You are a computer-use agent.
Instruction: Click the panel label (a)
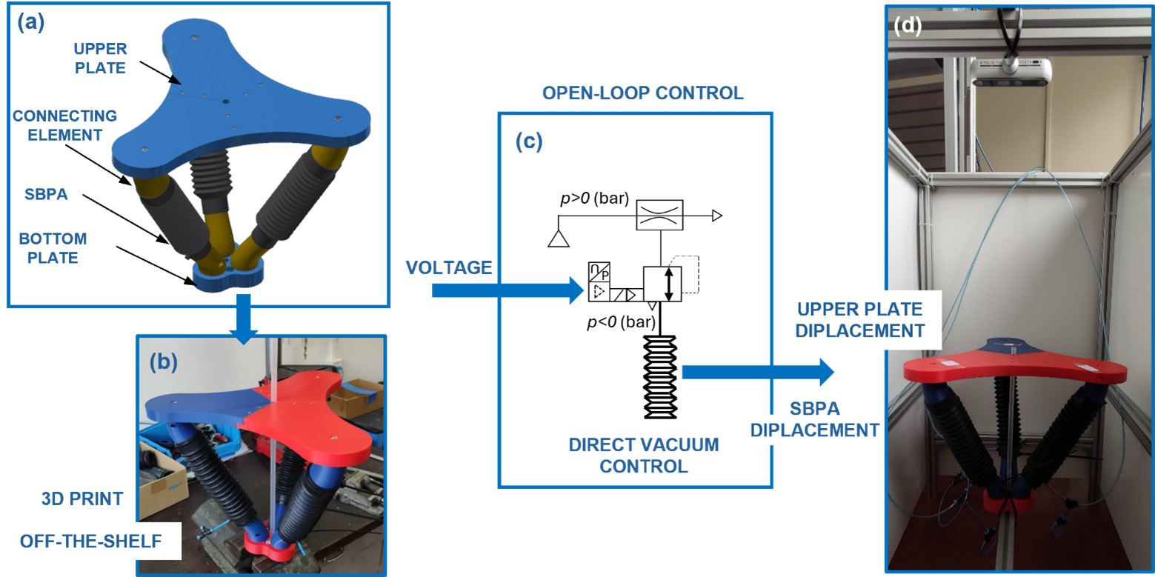coord(31,23)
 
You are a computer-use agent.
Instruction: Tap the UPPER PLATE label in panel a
coord(100,59)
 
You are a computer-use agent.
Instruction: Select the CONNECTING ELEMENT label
coord(65,125)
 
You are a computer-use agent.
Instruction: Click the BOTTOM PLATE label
coord(53,248)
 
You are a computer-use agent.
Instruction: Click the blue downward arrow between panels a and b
coord(244,318)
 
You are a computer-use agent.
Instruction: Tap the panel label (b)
coord(164,362)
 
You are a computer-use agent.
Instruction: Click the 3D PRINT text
coord(82,498)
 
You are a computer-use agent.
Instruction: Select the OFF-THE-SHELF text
coord(90,541)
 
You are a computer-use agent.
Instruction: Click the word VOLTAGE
coord(449,267)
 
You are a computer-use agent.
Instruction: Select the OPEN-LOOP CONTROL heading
coord(643,93)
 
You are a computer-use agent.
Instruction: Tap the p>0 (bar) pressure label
coord(594,198)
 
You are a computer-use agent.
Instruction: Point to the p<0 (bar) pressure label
coord(622,321)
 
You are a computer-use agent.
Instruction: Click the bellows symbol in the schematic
coord(661,377)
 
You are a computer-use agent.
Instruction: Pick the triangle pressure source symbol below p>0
coord(559,239)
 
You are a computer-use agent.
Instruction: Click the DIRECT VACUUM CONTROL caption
coord(644,456)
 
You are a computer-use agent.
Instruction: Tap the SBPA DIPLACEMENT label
coord(815,419)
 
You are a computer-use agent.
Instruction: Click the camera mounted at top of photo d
coord(1011,73)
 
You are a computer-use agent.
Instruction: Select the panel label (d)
coord(908,26)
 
